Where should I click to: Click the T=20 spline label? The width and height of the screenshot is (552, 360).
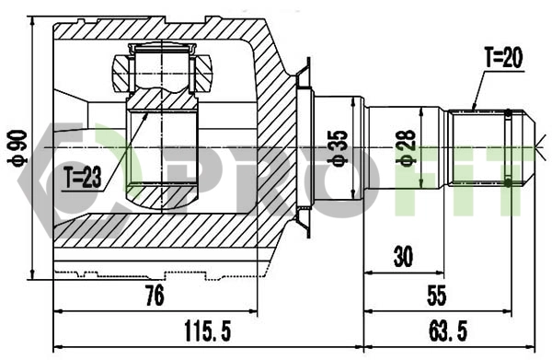[502, 58]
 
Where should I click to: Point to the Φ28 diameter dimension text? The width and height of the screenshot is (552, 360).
[406, 145]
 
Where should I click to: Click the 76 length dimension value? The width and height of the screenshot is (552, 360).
[155, 296]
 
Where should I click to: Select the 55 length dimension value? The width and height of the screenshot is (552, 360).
[436, 296]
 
